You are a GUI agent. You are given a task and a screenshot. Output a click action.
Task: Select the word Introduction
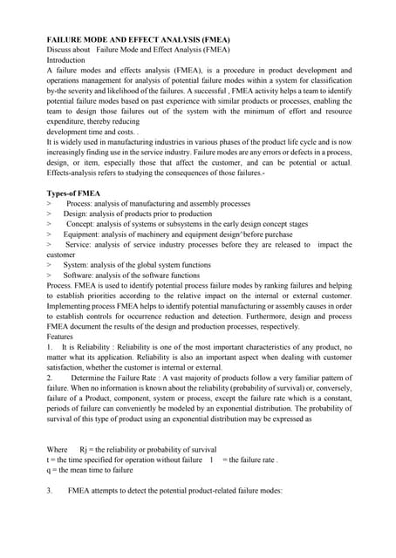69,60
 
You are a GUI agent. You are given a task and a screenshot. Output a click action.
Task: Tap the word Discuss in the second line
61,50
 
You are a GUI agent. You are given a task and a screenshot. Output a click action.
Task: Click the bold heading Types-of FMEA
73,192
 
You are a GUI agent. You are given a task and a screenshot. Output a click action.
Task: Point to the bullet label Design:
76,213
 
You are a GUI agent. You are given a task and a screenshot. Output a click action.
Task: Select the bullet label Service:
81,244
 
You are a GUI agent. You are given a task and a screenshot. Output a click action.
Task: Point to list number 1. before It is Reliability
50,347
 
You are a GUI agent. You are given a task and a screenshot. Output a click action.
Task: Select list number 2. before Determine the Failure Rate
50,378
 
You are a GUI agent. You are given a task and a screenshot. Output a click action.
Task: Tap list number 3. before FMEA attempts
50,491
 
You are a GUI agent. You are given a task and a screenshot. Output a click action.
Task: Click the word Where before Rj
57,449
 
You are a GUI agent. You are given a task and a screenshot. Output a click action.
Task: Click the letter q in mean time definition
48,470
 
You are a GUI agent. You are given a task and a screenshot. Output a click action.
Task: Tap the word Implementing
76,306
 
